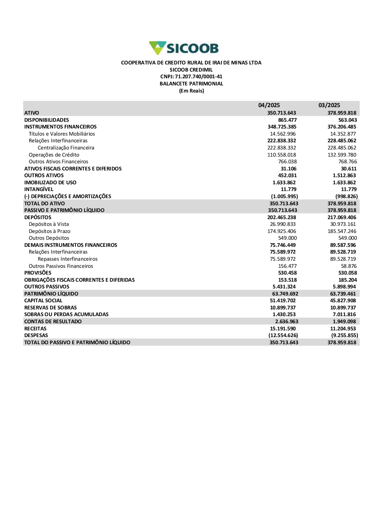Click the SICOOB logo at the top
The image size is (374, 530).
[184, 48]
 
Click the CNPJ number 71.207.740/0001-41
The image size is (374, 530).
[191, 77]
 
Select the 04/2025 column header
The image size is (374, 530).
[269, 105]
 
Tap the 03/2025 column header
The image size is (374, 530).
[329, 105]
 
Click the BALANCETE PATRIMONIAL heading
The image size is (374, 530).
[191, 84]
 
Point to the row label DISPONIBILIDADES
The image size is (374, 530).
[47, 120]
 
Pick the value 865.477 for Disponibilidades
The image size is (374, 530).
[287, 120]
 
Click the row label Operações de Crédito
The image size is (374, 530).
[54, 155]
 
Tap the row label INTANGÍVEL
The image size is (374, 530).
[39, 190]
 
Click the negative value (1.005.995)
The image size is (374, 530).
[284, 196]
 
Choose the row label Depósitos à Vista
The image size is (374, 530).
[49, 224]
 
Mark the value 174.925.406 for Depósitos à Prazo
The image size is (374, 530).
[282, 231]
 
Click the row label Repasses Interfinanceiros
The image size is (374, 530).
[68, 259]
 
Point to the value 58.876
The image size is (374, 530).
[349, 266]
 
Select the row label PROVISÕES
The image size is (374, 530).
[38, 273]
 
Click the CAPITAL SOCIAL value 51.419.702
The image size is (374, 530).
[283, 301]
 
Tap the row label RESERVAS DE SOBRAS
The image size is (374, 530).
[50, 308]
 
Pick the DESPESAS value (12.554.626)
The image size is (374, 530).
[283, 336]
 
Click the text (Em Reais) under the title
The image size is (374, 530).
[191, 91]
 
